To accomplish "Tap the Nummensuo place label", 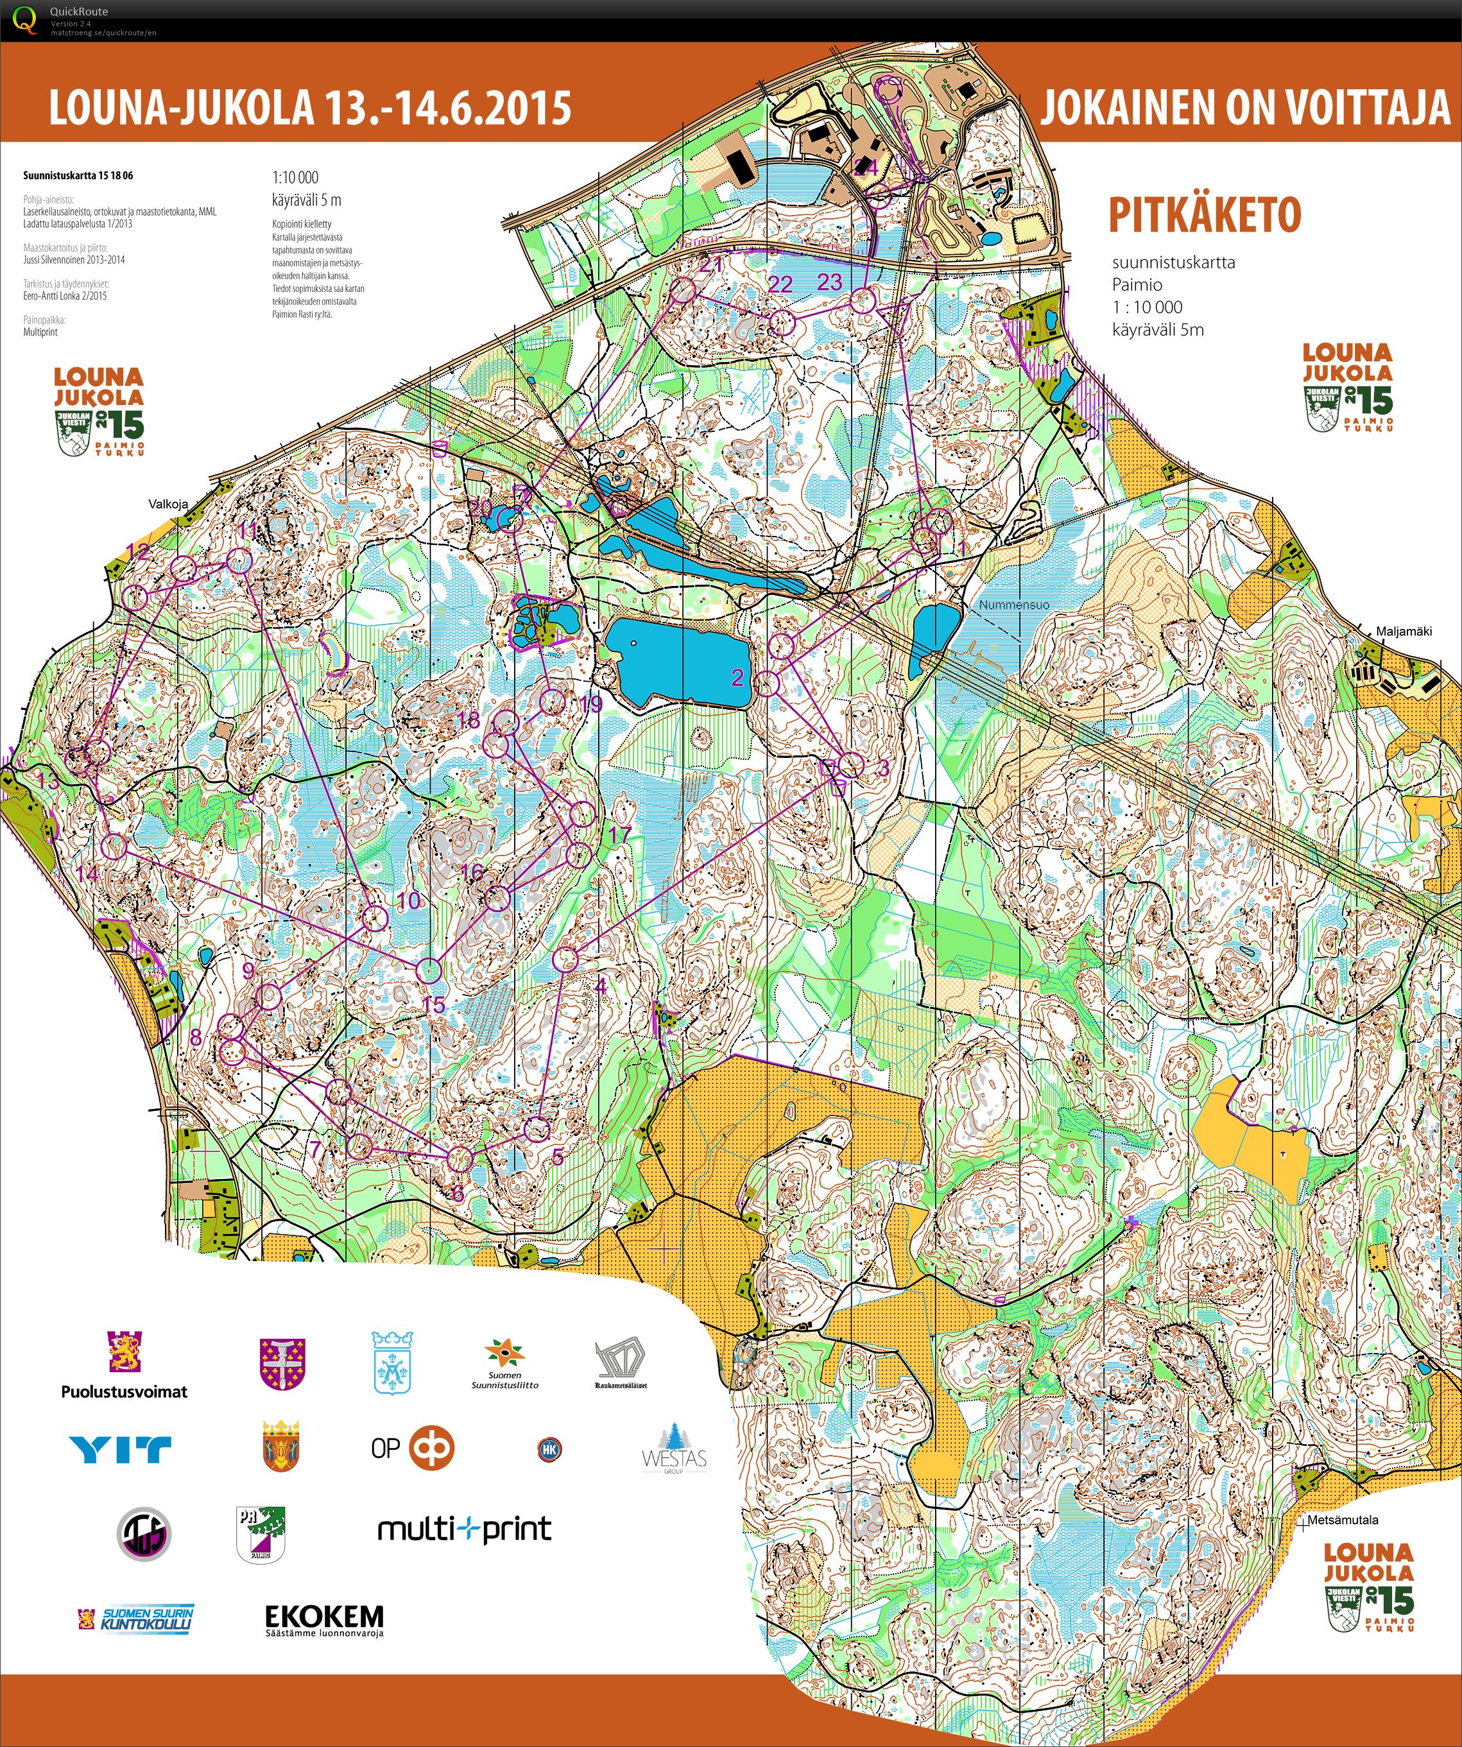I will [1013, 605].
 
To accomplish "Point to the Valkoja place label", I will [168, 504].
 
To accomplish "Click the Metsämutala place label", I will [1342, 1520].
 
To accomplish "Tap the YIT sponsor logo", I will [121, 1450].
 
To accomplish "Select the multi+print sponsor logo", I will [464, 1528].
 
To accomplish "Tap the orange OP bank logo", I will [433, 1449].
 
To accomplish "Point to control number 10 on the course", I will [408, 900].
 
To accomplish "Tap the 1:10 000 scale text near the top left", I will [295, 177].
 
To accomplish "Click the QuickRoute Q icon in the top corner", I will [25, 19].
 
